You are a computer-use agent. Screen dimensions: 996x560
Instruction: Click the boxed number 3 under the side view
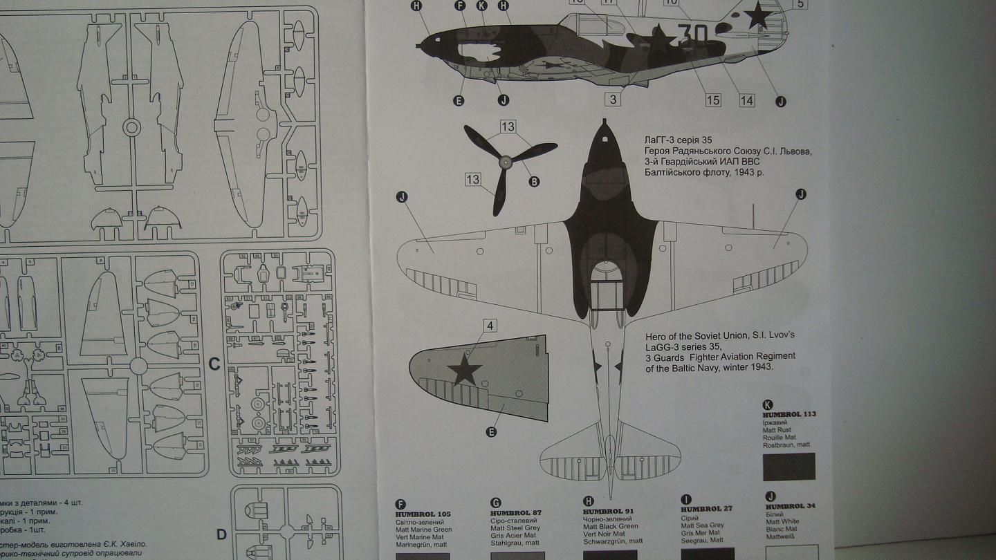(613, 100)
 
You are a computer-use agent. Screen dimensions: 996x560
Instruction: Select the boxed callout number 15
(713, 100)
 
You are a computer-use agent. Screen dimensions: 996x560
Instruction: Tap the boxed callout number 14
(746, 100)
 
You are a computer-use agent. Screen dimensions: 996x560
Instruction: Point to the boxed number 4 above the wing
(490, 325)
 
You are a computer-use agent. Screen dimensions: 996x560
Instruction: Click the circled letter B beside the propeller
(534, 182)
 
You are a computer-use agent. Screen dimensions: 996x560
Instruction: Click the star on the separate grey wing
(464, 371)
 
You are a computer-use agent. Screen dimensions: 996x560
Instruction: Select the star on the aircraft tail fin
(758, 15)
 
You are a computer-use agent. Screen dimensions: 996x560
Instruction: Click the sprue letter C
(214, 364)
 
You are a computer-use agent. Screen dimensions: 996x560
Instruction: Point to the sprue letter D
(221, 534)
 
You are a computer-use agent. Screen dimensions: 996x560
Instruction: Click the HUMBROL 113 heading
(789, 414)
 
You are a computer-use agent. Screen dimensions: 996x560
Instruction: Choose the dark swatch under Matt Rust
(788, 467)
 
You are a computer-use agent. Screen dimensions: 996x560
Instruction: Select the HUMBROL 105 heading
(423, 514)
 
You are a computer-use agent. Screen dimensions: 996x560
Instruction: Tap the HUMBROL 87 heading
(515, 513)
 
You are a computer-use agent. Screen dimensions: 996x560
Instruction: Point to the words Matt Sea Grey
(702, 525)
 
